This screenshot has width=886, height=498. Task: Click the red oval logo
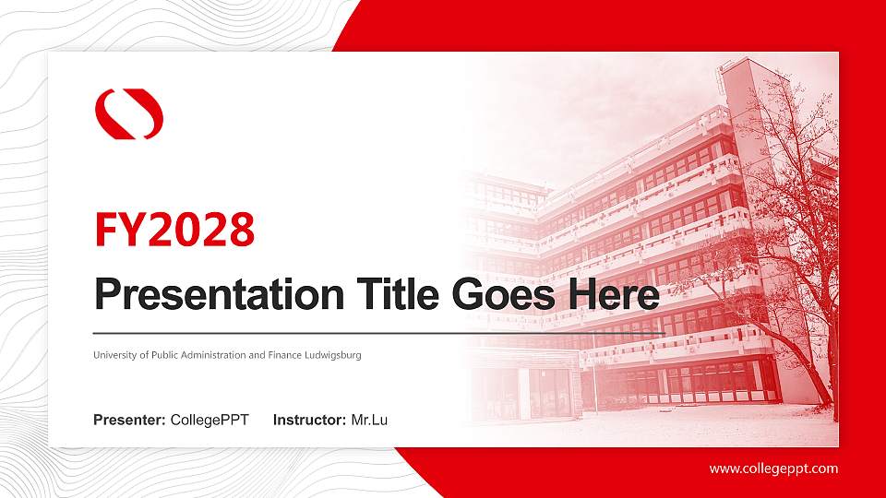pyautogui.click(x=129, y=113)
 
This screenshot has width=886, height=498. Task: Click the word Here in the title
pyautogui.click(x=613, y=295)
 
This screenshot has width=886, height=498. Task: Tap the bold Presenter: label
pyautogui.click(x=129, y=421)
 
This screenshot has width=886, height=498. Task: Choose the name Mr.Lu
pyautogui.click(x=369, y=421)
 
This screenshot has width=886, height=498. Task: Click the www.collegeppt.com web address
pyautogui.click(x=773, y=468)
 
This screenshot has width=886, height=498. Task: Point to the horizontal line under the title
pyautogui.click(x=378, y=333)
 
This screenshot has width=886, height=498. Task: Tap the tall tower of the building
pyautogui.click(x=746, y=184)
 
